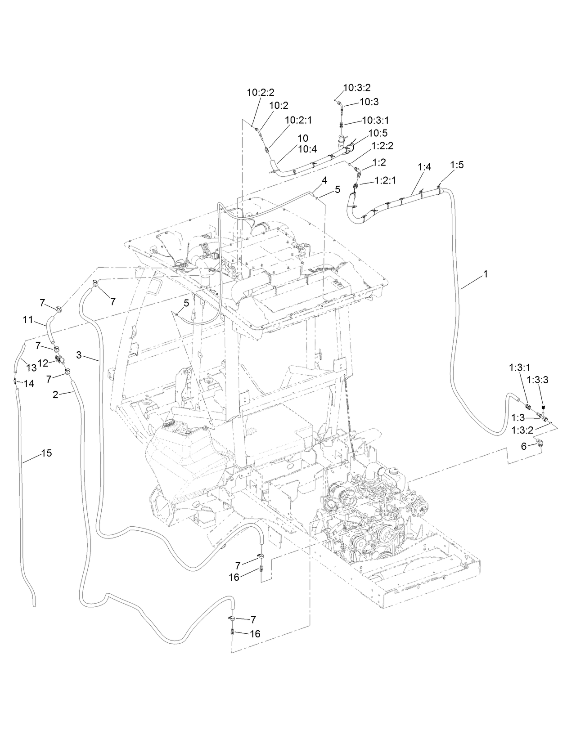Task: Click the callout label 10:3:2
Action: (x=357, y=88)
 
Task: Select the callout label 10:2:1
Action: (x=298, y=120)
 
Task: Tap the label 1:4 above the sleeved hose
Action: (x=424, y=167)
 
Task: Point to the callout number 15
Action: (x=46, y=453)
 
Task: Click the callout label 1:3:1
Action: (x=520, y=367)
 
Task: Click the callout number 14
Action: (x=28, y=384)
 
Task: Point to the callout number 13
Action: (x=31, y=367)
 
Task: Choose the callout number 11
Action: (x=28, y=320)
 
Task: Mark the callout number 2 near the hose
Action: (x=55, y=394)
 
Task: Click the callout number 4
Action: (x=324, y=180)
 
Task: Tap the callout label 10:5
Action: (x=378, y=133)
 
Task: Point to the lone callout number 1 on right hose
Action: (x=485, y=273)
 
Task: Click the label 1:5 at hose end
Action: (x=457, y=165)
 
